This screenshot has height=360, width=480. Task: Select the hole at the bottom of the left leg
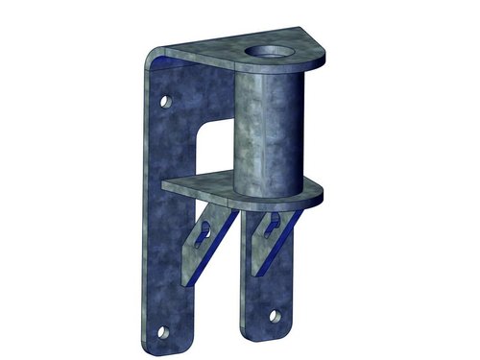162,333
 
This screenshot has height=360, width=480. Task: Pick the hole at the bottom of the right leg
276,314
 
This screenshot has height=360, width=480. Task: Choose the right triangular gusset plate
269,235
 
